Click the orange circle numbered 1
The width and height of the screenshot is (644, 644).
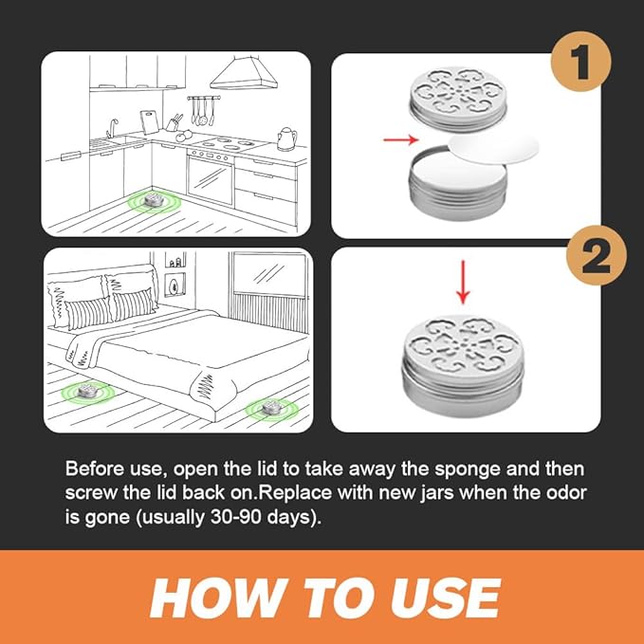click(x=580, y=62)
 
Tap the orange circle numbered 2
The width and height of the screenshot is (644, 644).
click(x=596, y=255)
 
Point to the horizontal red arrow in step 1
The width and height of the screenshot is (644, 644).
click(x=400, y=139)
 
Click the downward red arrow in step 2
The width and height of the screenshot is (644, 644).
click(x=463, y=282)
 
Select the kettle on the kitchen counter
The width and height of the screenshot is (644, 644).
click(x=286, y=138)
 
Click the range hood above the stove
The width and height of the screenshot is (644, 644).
click(x=244, y=73)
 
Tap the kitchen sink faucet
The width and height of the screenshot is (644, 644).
click(x=112, y=128)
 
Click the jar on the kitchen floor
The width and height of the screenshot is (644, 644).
click(x=154, y=199)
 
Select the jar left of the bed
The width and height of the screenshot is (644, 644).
click(x=88, y=391)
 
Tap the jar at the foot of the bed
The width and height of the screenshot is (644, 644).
click(x=270, y=407)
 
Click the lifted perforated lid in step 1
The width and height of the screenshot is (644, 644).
click(x=457, y=100)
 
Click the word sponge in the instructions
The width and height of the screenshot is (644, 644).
click(x=467, y=470)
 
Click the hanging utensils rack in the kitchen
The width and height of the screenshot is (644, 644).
click(x=202, y=110)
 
